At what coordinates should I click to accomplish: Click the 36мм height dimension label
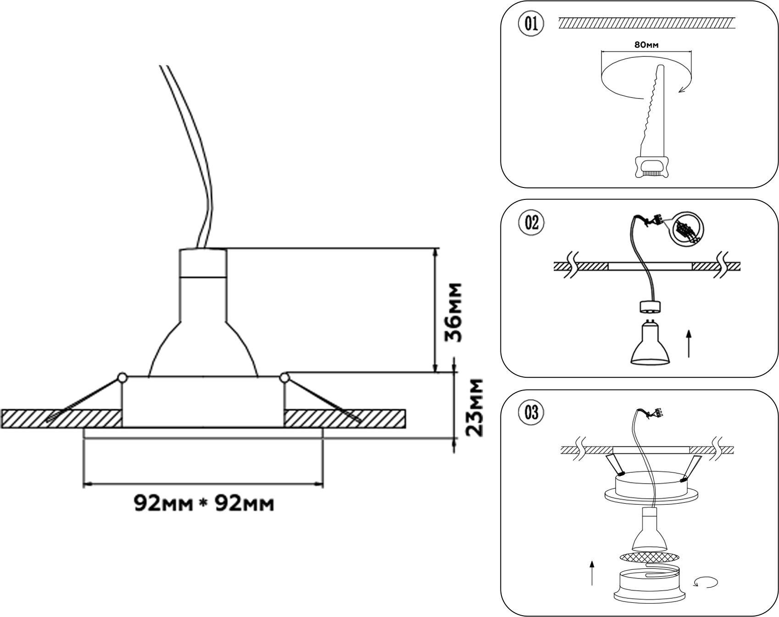pos(454,313)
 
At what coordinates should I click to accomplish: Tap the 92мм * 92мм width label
pos(204,503)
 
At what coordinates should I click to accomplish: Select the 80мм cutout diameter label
pos(646,45)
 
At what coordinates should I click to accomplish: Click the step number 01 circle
pos(531,23)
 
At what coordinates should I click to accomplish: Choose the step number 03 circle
pos(531,413)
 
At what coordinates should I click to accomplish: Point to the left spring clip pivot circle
pos(122,378)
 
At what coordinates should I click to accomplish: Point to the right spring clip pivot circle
pos(284,378)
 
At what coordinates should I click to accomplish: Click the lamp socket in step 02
pos(650,306)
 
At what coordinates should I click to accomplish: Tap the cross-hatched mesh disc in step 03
pos(649,557)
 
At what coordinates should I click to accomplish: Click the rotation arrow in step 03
pos(706,583)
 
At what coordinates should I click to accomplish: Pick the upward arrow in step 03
pos(592,573)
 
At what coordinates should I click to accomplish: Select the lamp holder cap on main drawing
pos(203,263)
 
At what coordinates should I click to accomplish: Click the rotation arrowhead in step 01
pos(683,89)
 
